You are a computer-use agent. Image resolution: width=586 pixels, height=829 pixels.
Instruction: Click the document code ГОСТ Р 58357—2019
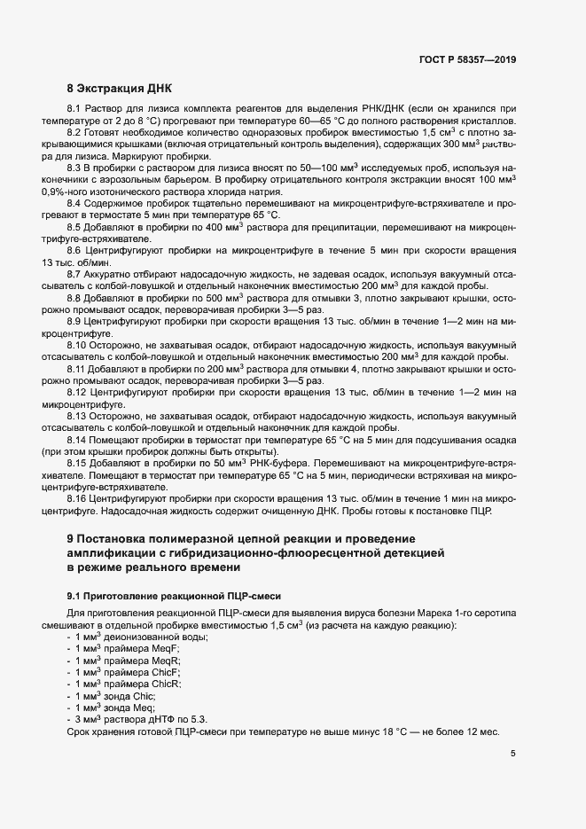(466, 61)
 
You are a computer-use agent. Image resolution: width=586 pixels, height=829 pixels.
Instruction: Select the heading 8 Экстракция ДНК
(121, 90)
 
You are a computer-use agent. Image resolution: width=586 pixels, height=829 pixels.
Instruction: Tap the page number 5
(513, 754)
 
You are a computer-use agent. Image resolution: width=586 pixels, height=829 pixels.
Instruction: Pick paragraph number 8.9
(75, 320)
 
